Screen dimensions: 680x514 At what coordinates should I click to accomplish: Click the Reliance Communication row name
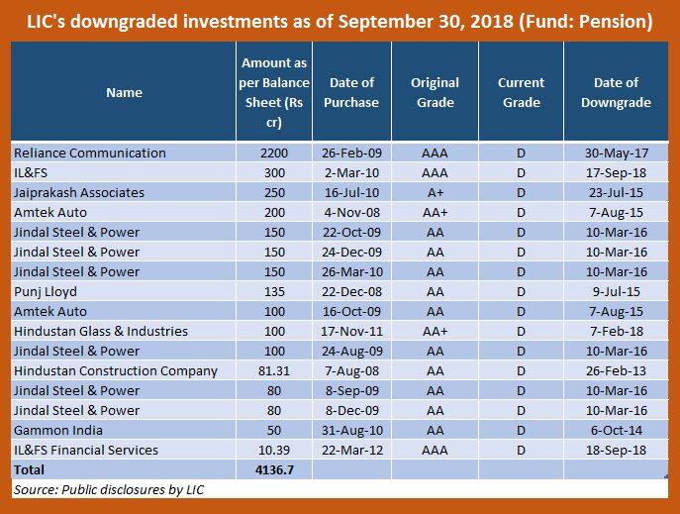point(90,154)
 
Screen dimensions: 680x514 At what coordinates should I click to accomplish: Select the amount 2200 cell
point(274,154)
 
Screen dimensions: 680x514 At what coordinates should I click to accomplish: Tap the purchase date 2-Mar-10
point(351,173)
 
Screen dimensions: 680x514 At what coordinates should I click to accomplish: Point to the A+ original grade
point(435,192)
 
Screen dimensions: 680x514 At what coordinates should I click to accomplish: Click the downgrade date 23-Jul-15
point(616,192)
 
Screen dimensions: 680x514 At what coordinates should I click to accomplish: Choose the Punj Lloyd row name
point(46,292)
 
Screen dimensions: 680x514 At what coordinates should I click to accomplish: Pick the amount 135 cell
point(274,292)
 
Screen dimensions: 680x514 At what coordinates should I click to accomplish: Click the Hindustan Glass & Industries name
point(101,332)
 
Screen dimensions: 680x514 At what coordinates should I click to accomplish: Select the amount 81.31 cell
point(274,371)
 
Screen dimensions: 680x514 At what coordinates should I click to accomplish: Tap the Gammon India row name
point(58,430)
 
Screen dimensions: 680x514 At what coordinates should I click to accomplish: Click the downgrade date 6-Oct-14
point(616,430)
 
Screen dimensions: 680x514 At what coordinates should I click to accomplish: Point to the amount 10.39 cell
point(274,451)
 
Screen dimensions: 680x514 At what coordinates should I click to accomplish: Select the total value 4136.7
point(274,469)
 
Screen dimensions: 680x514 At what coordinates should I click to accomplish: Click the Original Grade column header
point(435,92)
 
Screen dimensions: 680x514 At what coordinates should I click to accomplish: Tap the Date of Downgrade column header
point(616,92)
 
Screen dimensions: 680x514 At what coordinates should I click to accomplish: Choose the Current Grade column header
point(521,92)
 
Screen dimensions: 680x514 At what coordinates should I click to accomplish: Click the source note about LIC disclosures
point(109,489)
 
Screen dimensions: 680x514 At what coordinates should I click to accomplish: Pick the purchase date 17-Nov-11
point(351,332)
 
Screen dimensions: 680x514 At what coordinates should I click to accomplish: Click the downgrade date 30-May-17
point(616,154)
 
